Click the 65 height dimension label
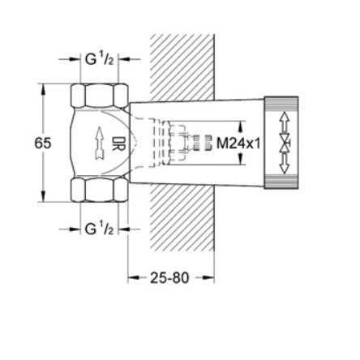coord(43,143)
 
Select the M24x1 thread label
coord(238,144)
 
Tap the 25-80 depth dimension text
coord(169,278)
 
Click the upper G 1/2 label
coord(99,59)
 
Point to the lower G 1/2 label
coord(99,229)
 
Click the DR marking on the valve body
coord(118,143)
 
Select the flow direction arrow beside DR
coord(100,143)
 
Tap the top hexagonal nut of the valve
coord(99,95)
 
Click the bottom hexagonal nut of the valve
coord(99,190)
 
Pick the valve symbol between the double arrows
coord(285,143)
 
